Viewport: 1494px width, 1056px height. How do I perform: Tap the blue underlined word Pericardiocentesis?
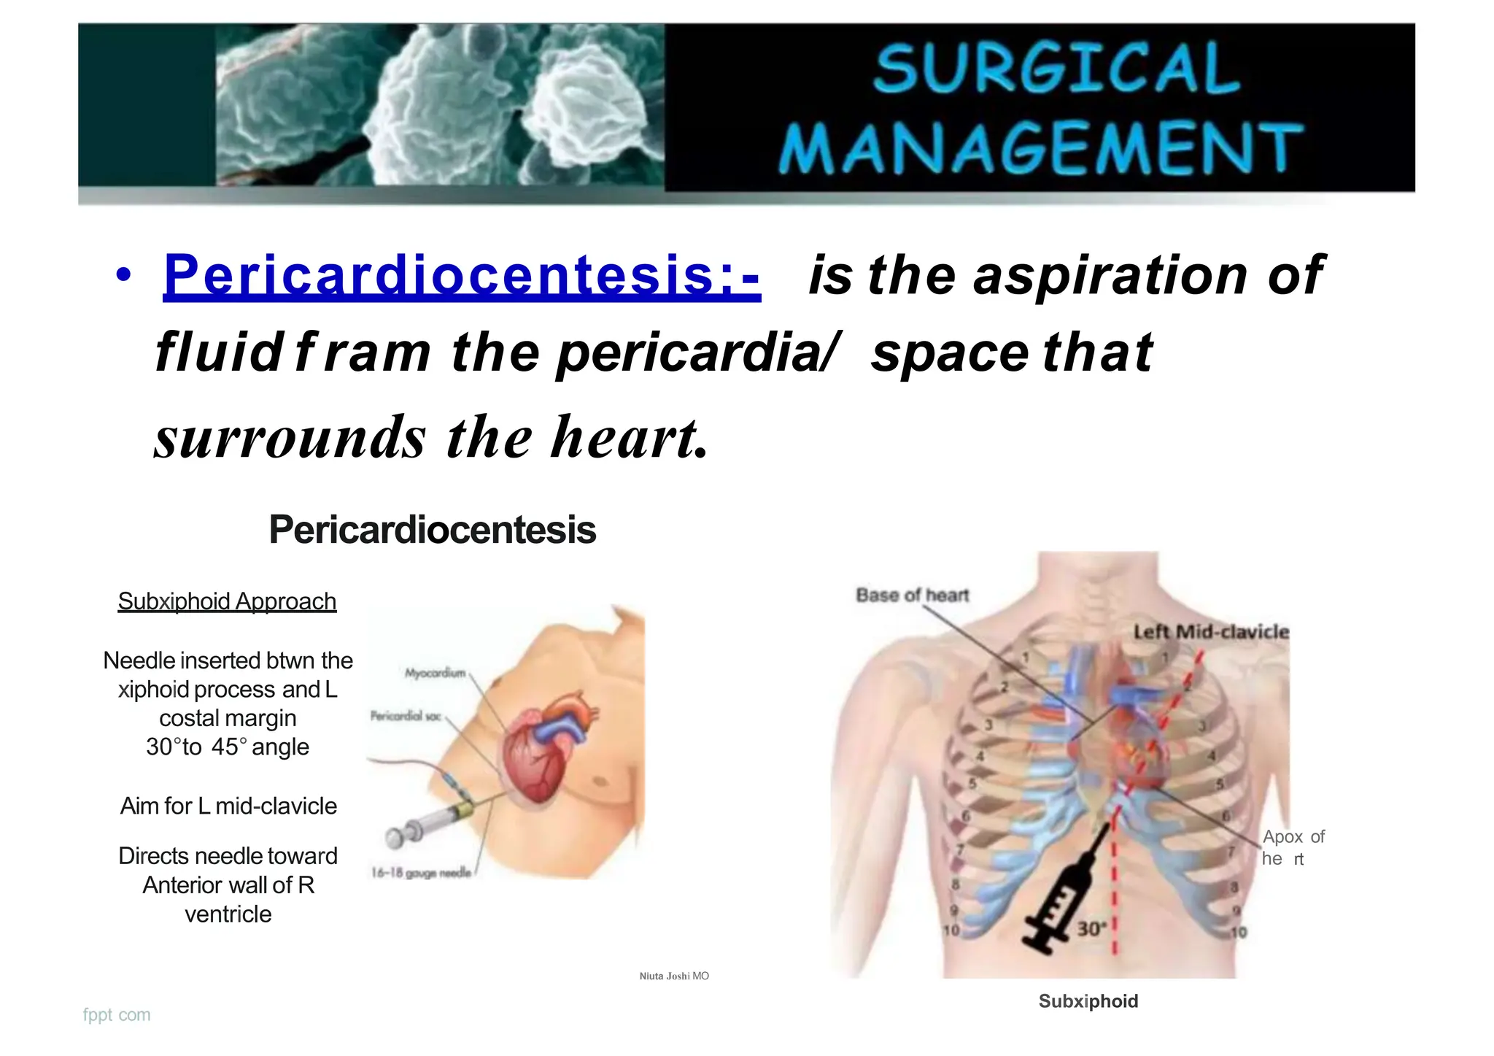pyautogui.click(x=461, y=275)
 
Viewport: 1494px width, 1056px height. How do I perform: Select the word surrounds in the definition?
pyautogui.click(x=290, y=438)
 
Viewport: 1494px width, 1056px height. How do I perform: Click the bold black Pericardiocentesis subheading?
pyautogui.click(x=432, y=529)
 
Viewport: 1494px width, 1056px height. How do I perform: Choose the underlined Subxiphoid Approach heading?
pyautogui.click(x=227, y=601)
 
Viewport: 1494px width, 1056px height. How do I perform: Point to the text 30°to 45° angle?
pyautogui.click(x=228, y=747)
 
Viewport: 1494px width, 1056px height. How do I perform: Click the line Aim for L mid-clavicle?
pyautogui.click(x=228, y=806)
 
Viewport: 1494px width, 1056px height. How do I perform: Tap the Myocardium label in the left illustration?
pyautogui.click(x=435, y=673)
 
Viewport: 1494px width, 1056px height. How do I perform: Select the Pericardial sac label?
pyautogui.click(x=406, y=716)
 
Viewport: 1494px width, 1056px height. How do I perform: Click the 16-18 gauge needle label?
pyautogui.click(x=421, y=872)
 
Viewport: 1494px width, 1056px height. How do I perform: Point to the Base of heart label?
pyautogui.click(x=912, y=596)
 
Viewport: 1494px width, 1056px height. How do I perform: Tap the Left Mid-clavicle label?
pyautogui.click(x=1211, y=632)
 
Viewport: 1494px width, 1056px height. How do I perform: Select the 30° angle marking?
pyautogui.click(x=1092, y=928)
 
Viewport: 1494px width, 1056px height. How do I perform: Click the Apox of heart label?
pyautogui.click(x=1293, y=847)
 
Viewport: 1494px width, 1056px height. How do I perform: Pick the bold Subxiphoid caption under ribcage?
pyautogui.click(x=1088, y=1001)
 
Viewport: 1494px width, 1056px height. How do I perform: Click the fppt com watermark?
pyautogui.click(x=117, y=1014)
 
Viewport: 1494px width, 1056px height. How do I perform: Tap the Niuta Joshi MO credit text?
pyautogui.click(x=674, y=976)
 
